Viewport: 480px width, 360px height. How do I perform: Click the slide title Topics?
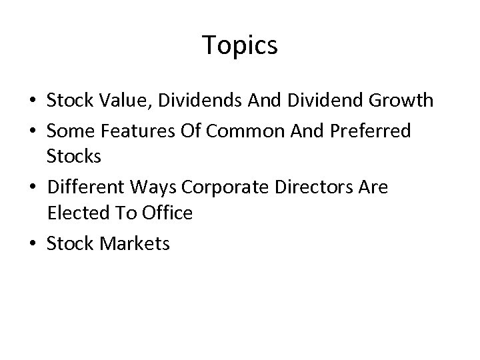[240, 45]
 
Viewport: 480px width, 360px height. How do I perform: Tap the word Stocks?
[73, 157]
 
